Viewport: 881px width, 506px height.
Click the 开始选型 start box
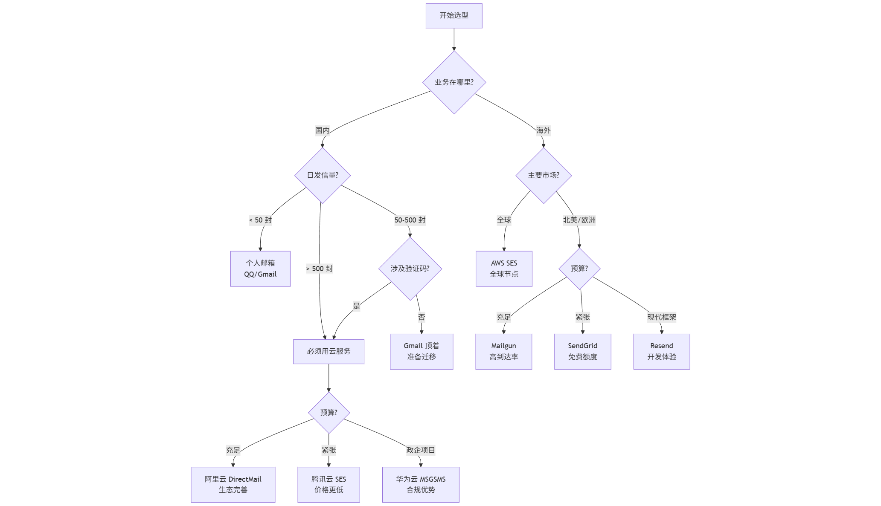point(454,16)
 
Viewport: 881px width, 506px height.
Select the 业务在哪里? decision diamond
point(454,82)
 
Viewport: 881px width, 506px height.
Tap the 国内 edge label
point(322,130)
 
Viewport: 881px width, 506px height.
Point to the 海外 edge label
point(543,130)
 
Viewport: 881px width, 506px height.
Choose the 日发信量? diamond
point(323,175)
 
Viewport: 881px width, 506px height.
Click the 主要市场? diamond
point(544,175)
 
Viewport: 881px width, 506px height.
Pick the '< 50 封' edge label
point(260,220)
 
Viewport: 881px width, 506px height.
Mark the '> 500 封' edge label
point(320,269)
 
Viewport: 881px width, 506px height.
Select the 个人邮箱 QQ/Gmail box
point(260,269)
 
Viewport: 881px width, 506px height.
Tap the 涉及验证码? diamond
point(410,269)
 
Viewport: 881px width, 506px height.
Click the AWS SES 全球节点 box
point(504,269)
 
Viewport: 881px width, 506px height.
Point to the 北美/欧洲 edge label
point(579,220)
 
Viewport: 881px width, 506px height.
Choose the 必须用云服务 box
point(329,351)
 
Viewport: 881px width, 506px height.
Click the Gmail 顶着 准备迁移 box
point(422,351)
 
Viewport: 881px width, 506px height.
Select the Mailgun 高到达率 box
point(503,351)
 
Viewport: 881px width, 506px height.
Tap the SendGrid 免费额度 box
point(582,351)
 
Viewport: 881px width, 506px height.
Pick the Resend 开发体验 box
point(661,351)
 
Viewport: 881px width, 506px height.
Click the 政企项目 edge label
point(421,450)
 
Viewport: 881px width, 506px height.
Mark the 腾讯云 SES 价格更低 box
point(329,484)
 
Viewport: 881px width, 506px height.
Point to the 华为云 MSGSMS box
point(421,484)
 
